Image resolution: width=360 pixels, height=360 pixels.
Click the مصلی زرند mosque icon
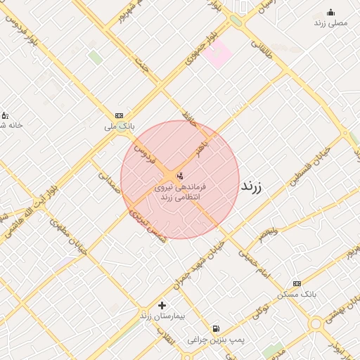(x=331, y=12)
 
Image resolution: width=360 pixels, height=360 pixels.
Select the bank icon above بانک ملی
(x=119, y=115)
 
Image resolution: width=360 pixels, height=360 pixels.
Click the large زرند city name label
(x=251, y=187)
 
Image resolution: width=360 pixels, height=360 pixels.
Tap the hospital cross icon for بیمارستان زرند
(x=162, y=305)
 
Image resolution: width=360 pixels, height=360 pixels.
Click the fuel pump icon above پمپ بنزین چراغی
(x=215, y=328)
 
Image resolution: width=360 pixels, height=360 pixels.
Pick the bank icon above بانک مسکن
(x=296, y=283)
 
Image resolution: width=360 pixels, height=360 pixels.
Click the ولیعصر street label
(x=268, y=233)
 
